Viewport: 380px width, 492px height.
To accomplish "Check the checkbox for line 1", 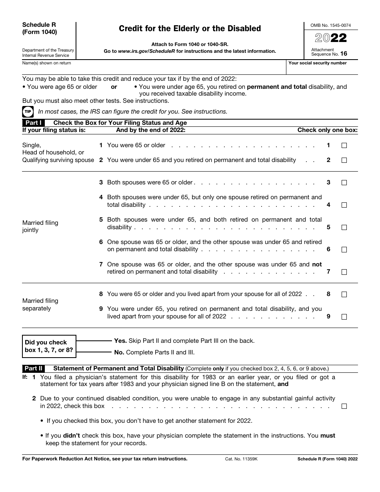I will pyautogui.click(x=344, y=146).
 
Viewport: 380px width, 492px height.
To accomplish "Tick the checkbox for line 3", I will pyautogui.click(x=344, y=183).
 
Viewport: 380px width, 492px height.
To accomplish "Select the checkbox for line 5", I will pyautogui.click(x=344, y=227).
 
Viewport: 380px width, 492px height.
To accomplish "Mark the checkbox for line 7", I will pyautogui.click(x=344, y=272).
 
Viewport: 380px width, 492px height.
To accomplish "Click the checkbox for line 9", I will pyautogui.click(x=344, y=317).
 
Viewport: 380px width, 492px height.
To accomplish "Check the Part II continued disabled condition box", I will pyautogui.click(x=344, y=406).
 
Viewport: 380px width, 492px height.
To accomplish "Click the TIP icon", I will pyautogui.click(x=28, y=112).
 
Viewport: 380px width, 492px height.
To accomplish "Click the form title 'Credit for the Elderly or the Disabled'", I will pyautogui.click(x=190, y=28).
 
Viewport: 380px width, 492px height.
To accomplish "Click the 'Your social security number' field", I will pyautogui.click(x=322, y=68).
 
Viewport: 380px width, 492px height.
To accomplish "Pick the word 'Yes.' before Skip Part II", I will pyautogui.click(x=120, y=341).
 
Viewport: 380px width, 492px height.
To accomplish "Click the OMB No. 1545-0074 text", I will pyautogui.click(x=330, y=25).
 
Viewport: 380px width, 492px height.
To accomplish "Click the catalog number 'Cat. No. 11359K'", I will pyautogui.click(x=241, y=459).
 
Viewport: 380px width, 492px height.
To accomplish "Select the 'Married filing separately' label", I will pyautogui.click(x=40, y=304).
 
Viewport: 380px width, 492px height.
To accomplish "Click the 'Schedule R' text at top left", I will pyautogui.click(x=39, y=25).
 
